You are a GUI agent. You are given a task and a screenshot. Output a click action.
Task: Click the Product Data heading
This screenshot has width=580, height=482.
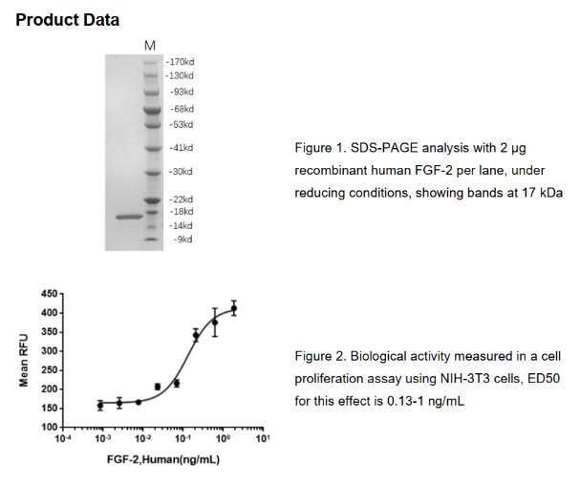pyautogui.click(x=67, y=20)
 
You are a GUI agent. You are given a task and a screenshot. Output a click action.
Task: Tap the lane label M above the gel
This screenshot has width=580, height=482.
pyautogui.click(x=150, y=46)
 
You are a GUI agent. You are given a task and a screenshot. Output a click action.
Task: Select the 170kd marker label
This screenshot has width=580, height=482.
pyautogui.click(x=181, y=62)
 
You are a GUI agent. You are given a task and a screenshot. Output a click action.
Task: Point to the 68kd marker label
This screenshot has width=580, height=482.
pyautogui.click(x=182, y=109)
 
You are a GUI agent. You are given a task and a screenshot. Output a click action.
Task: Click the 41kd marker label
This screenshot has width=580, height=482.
pyautogui.click(x=182, y=148)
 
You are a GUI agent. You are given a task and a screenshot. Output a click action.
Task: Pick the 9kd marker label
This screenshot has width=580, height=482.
pyautogui.click(x=183, y=240)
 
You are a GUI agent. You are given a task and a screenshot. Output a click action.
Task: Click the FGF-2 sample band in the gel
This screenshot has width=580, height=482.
pyautogui.click(x=129, y=217)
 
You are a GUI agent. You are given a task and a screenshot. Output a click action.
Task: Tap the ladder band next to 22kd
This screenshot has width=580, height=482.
pyautogui.click(x=152, y=200)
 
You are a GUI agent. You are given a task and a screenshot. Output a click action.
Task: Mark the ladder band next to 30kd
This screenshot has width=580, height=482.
pyautogui.click(x=152, y=173)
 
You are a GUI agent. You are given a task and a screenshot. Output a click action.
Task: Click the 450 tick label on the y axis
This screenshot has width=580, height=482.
pyautogui.click(x=50, y=294)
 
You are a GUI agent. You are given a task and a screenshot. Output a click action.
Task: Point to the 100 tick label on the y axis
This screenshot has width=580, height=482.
pyautogui.click(x=50, y=428)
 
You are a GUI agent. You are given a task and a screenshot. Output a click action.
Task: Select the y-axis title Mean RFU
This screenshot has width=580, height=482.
pyautogui.click(x=24, y=360)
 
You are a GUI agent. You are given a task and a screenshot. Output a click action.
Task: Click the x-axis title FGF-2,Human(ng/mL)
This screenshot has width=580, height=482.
pyautogui.click(x=163, y=460)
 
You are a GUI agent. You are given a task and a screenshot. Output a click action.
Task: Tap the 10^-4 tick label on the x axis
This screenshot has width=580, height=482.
pyautogui.click(x=62, y=438)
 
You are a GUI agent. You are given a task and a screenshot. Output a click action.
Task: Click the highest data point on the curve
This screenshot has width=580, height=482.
pyautogui.click(x=234, y=308)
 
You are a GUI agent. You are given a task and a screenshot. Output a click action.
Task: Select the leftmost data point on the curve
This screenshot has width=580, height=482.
pyautogui.click(x=100, y=406)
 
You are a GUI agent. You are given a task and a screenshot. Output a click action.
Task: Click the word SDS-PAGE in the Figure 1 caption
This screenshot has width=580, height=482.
pyautogui.click(x=384, y=148)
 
